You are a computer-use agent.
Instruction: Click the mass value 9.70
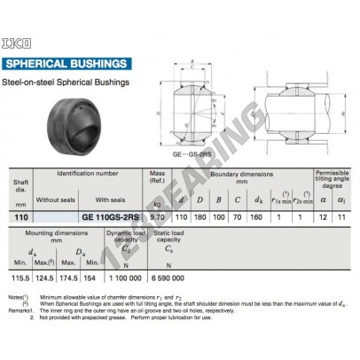pyautogui.click(x=155, y=215)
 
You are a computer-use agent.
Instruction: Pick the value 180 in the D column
pyautogui.click(x=200, y=215)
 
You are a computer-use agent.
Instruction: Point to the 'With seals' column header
pyautogui.click(x=111, y=200)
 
